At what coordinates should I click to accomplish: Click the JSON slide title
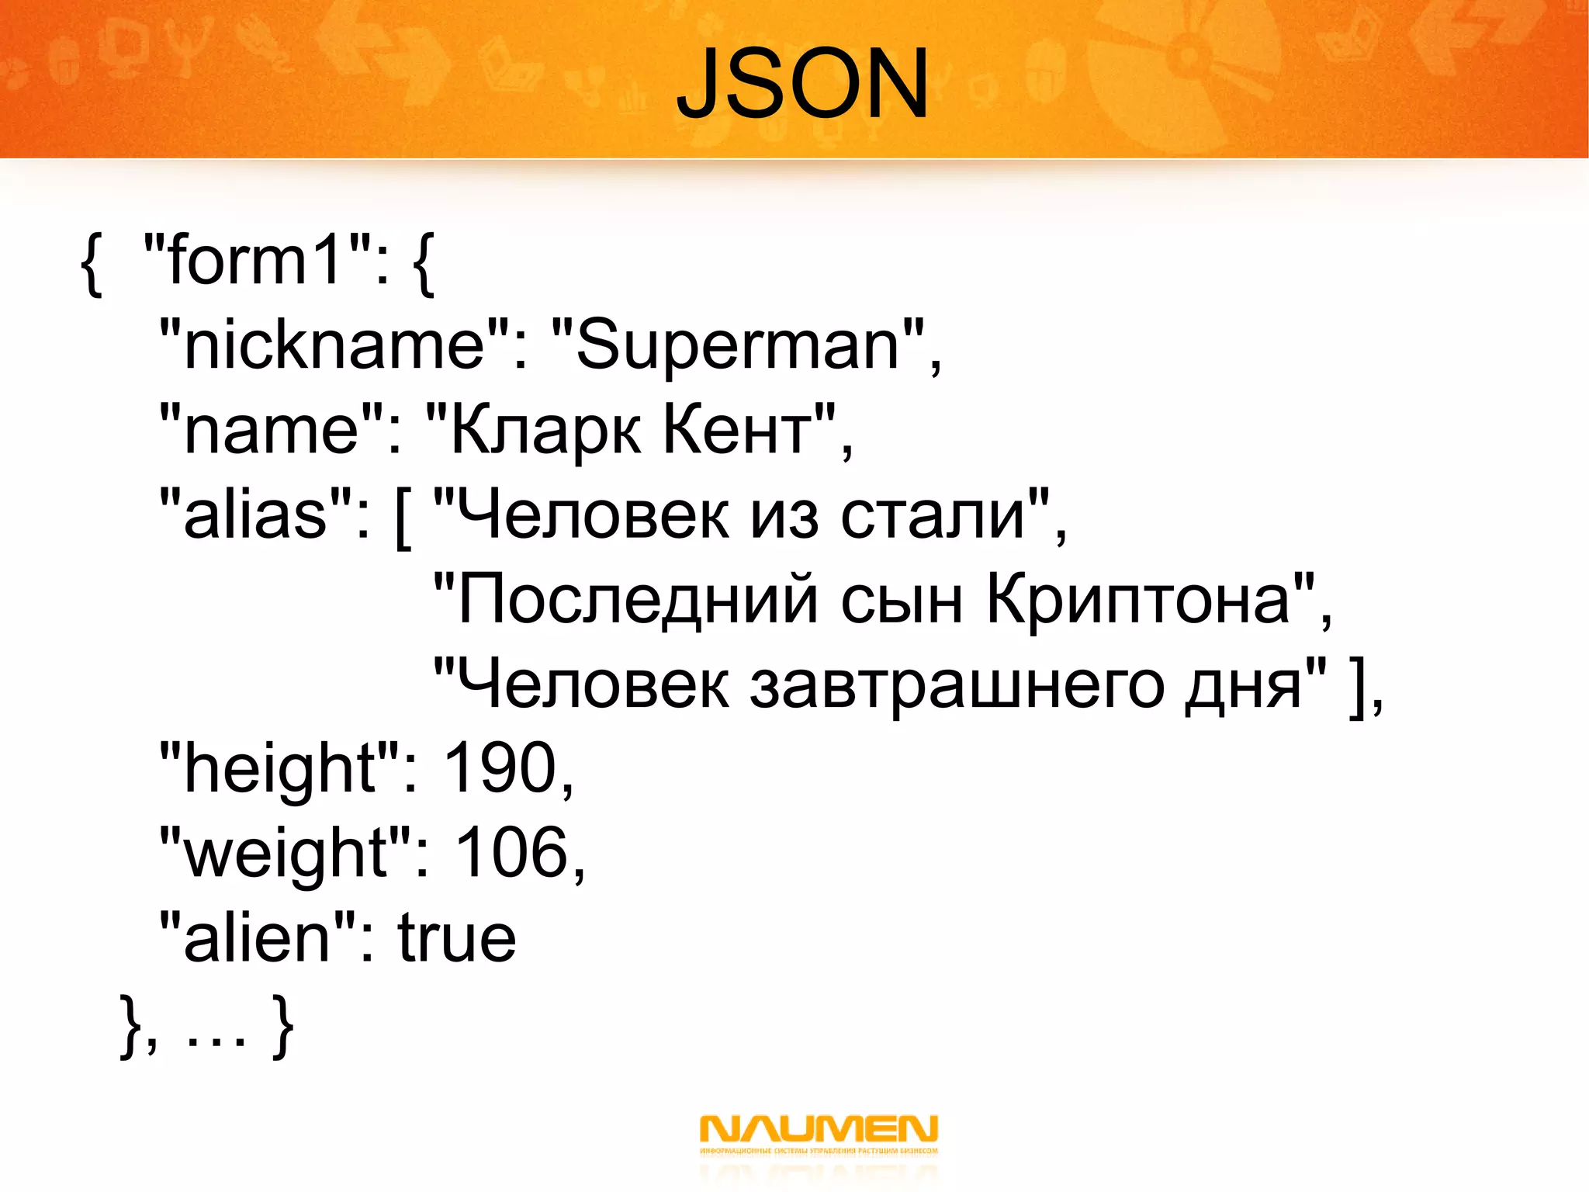point(802,84)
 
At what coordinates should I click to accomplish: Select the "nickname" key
point(334,345)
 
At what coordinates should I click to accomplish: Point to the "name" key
point(272,430)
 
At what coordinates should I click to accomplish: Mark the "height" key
point(280,769)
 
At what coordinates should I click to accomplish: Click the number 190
point(500,768)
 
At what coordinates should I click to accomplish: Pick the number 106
point(512,853)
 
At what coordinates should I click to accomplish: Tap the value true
point(457,938)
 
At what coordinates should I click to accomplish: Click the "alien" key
point(256,938)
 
